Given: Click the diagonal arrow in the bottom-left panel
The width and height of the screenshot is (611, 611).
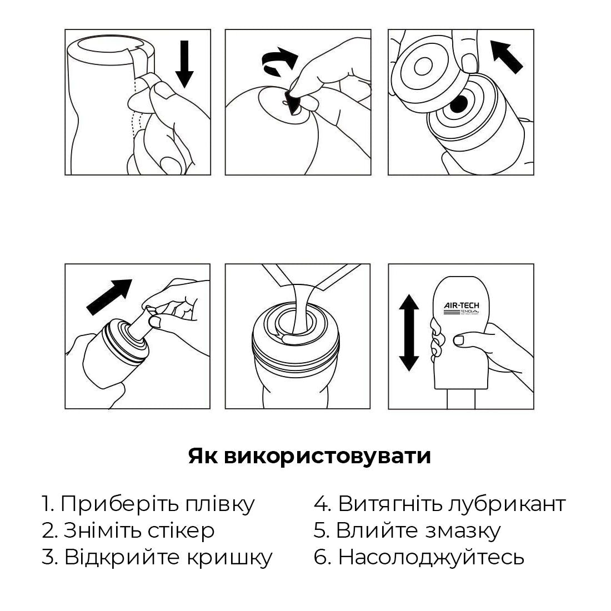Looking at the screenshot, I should [x=109, y=297].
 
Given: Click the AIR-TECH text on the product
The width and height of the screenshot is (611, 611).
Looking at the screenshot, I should [x=461, y=305].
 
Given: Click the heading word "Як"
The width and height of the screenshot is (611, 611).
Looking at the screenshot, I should [x=204, y=456].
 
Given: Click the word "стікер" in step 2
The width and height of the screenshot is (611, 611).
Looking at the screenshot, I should [x=181, y=530].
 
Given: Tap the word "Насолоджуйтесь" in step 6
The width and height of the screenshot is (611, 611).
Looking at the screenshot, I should [x=431, y=557].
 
